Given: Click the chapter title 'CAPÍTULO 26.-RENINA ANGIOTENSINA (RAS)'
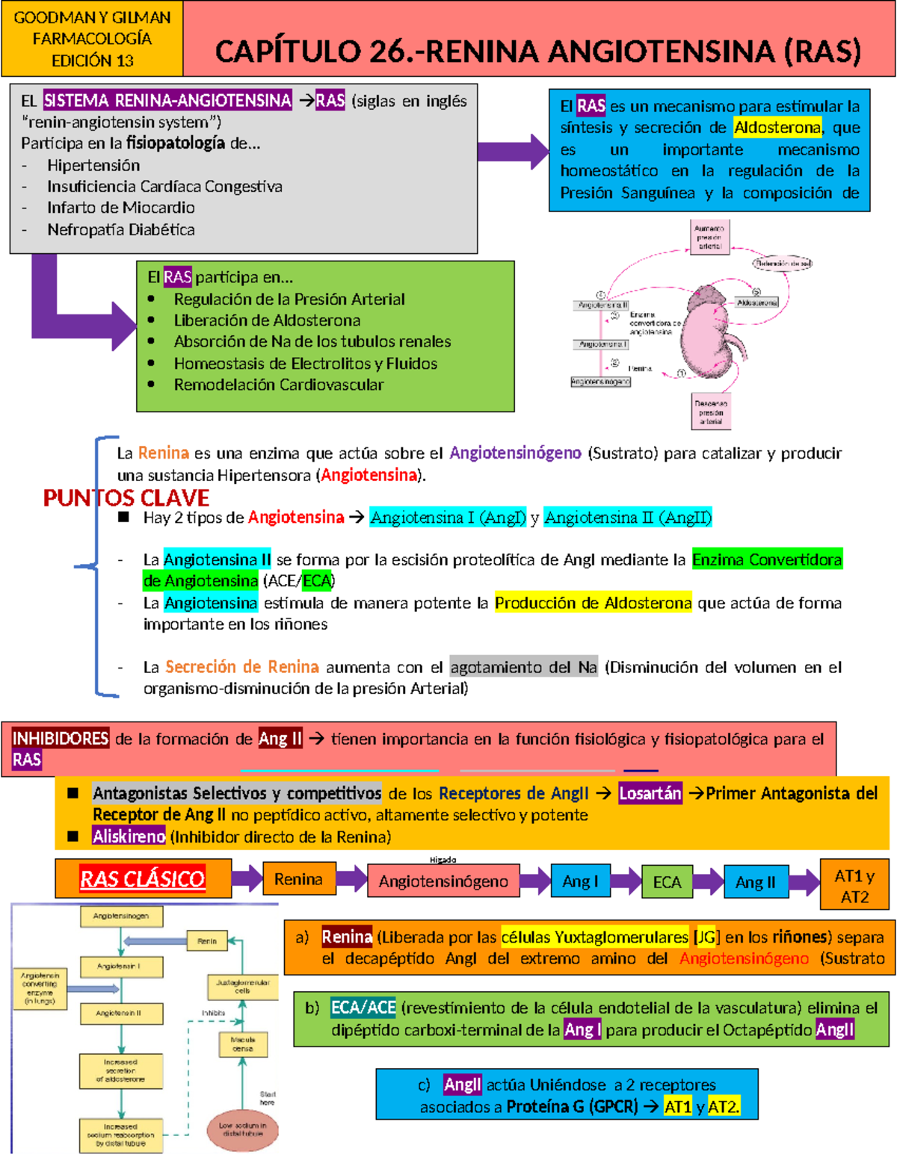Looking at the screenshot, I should point(538,51).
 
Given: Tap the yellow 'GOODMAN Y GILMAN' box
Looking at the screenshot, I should point(92,38).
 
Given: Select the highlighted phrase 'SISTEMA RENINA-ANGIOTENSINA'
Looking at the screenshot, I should point(167,100).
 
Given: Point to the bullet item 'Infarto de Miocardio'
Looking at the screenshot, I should point(120,208).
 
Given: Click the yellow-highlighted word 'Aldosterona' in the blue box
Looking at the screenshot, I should point(777,128).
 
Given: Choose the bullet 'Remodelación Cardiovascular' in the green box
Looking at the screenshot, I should point(278,385).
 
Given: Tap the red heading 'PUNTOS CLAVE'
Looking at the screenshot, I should point(126,498).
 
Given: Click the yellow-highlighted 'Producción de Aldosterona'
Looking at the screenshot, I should point(593,603).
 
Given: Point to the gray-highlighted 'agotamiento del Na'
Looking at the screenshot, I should point(523,667).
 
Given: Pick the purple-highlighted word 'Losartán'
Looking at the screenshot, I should point(650,793).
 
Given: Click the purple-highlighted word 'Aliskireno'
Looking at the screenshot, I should point(129,837).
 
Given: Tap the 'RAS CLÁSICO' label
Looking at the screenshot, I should point(142,879).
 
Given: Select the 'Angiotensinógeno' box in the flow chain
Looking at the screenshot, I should point(443,881).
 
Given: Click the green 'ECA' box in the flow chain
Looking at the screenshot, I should point(667,882).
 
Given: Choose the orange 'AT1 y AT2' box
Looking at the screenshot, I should point(854,886).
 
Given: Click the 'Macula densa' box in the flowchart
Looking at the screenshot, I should point(242,1043).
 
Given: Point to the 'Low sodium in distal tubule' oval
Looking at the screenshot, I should point(242,1129).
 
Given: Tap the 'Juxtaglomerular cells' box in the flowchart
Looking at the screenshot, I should point(242,986).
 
